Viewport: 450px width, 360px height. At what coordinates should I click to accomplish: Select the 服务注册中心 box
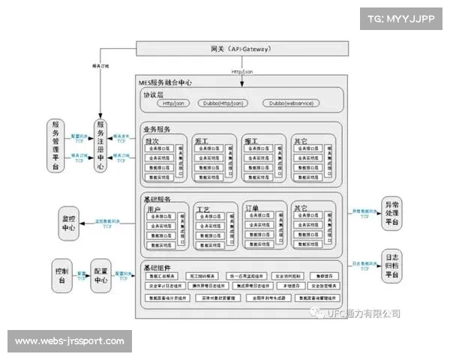click(x=100, y=145)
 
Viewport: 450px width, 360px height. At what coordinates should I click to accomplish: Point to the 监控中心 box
click(x=68, y=223)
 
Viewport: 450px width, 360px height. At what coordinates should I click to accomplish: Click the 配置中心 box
click(x=101, y=274)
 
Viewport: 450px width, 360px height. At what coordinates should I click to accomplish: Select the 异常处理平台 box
click(x=393, y=213)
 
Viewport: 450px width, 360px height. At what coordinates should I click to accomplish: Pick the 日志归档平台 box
click(x=393, y=264)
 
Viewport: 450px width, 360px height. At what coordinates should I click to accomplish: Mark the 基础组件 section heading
click(x=157, y=268)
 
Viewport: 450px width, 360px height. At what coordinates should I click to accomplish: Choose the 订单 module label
click(x=252, y=208)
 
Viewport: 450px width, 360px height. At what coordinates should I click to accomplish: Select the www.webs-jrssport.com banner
click(x=69, y=341)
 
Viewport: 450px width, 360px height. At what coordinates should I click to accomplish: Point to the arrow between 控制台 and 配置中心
click(x=81, y=274)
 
